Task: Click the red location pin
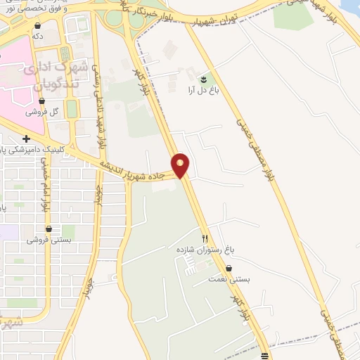coord(181,165)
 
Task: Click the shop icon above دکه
coord(37,24)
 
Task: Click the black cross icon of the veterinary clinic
coord(26,139)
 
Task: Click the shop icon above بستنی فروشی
coord(48,229)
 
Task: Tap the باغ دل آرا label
coord(201,89)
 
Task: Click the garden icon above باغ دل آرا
coord(204,79)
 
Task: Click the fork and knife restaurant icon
coord(205,238)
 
